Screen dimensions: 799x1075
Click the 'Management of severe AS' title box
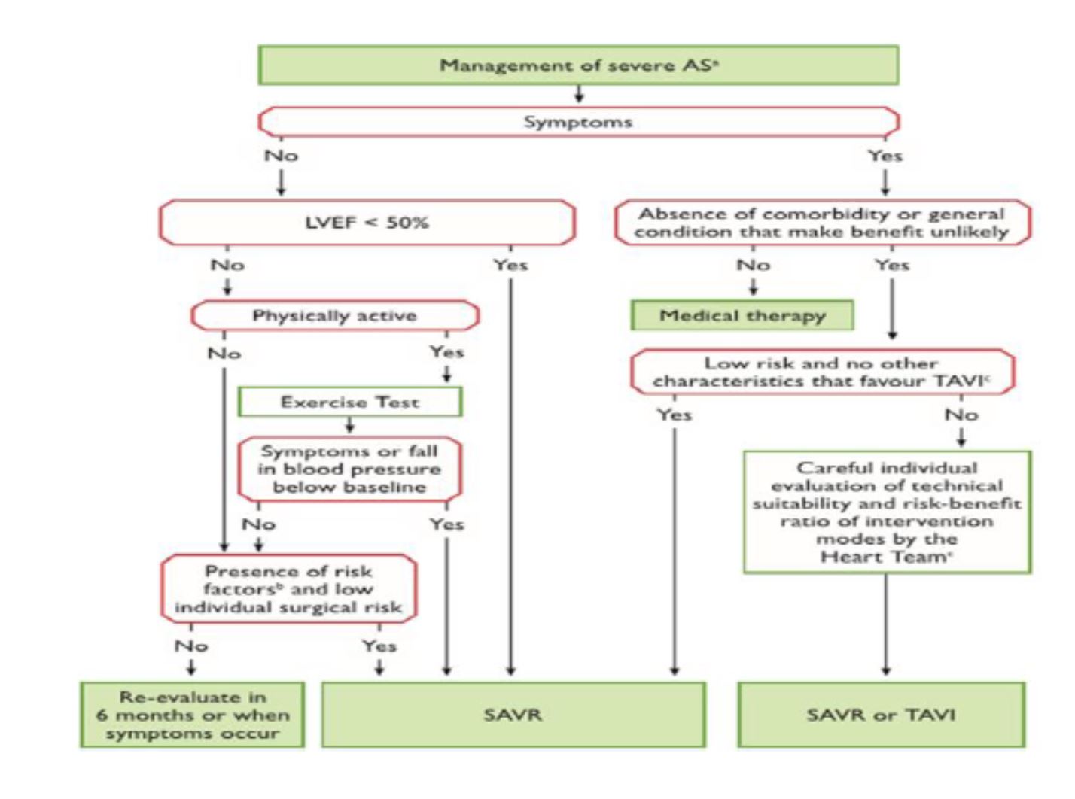pyautogui.click(x=578, y=65)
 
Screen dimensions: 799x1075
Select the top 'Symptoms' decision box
pyautogui.click(x=578, y=122)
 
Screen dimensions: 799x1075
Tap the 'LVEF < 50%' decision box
pyautogui.click(x=367, y=223)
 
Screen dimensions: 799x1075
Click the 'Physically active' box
pyautogui.click(x=334, y=316)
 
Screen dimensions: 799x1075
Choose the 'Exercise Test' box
pyautogui.click(x=350, y=402)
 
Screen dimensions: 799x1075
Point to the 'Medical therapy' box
pyautogui.click(x=742, y=315)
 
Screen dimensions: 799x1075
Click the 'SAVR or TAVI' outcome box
pyautogui.click(x=881, y=714)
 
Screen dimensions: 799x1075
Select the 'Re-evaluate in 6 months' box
pyautogui.click(x=193, y=715)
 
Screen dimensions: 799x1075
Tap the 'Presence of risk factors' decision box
pyautogui.click(x=288, y=589)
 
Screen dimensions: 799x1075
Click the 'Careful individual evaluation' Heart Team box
pyautogui.click(x=887, y=512)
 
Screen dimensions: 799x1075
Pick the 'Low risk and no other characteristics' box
pyautogui.click(x=821, y=372)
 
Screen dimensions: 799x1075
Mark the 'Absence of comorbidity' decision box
pyautogui.click(x=821, y=223)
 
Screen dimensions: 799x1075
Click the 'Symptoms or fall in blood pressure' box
pyautogui.click(x=349, y=469)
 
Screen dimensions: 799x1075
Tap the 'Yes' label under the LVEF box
pyautogui.click(x=510, y=265)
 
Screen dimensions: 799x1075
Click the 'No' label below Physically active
pyautogui.click(x=224, y=353)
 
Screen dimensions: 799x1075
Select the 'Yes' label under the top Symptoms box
pyautogui.click(x=885, y=156)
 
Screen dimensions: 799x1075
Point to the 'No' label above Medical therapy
pyautogui.click(x=753, y=265)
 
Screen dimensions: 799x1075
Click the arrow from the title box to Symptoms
pyautogui.click(x=578, y=94)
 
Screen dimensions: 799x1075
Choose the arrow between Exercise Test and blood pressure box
pyautogui.click(x=349, y=426)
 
